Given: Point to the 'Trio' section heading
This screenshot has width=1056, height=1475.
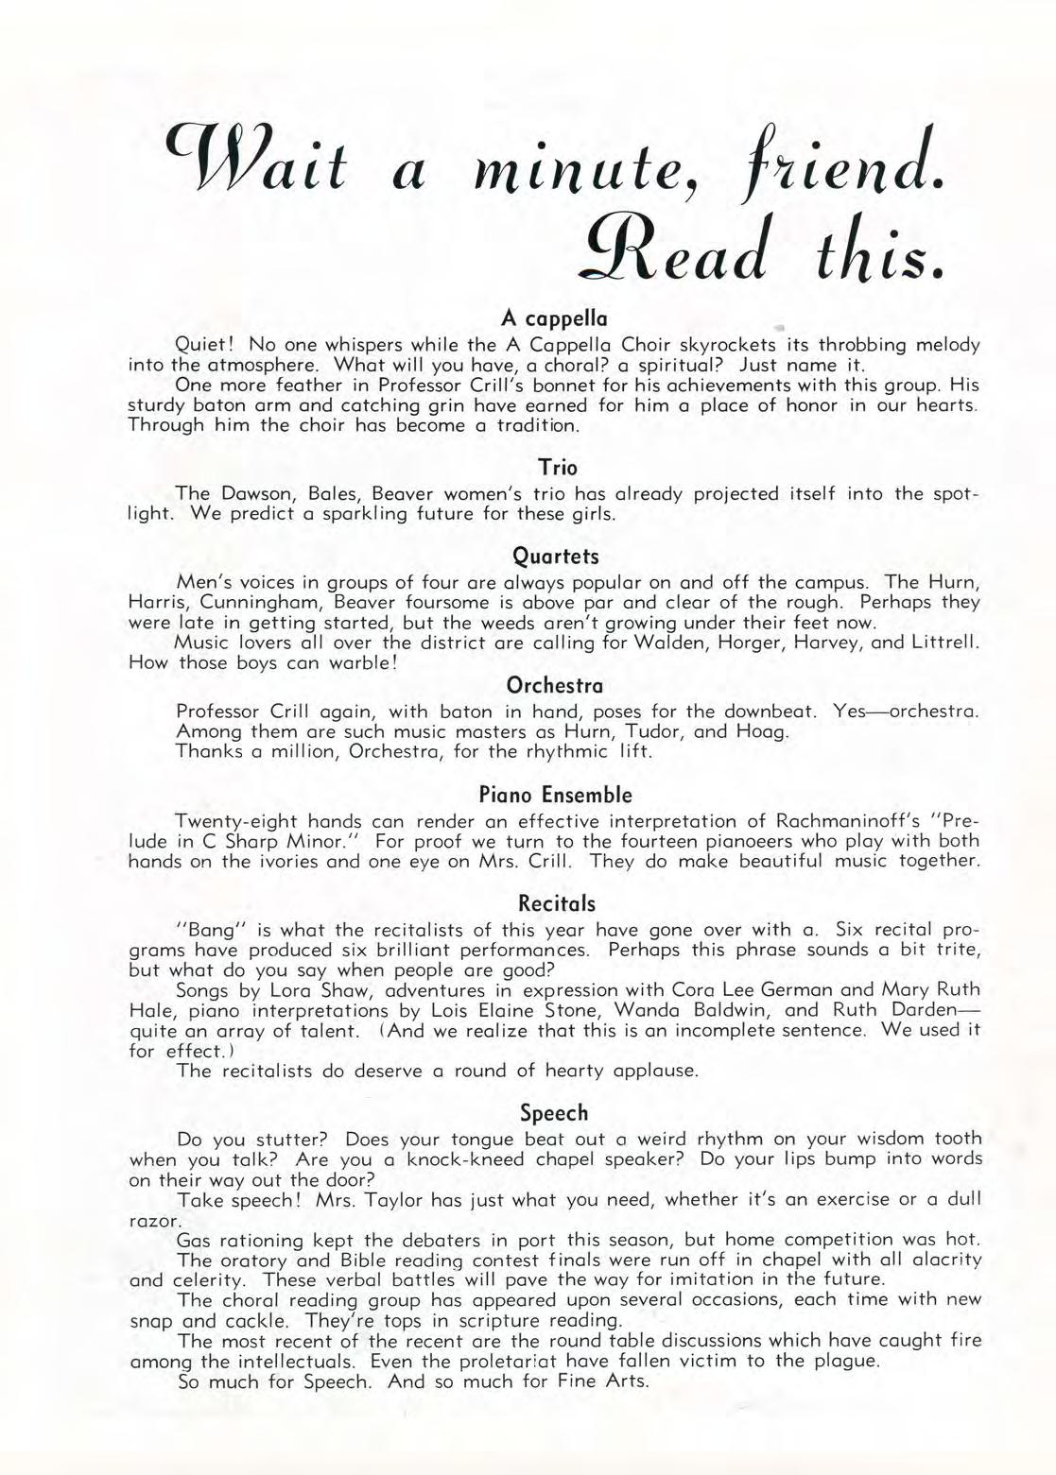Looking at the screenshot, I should [557, 467].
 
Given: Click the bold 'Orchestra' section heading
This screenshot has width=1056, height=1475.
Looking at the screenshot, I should [555, 684].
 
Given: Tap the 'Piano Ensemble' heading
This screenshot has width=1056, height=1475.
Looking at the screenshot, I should [555, 794].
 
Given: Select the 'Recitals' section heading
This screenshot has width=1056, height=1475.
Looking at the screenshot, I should [556, 903].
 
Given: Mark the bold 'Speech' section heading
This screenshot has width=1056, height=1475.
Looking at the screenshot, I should [555, 1112].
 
